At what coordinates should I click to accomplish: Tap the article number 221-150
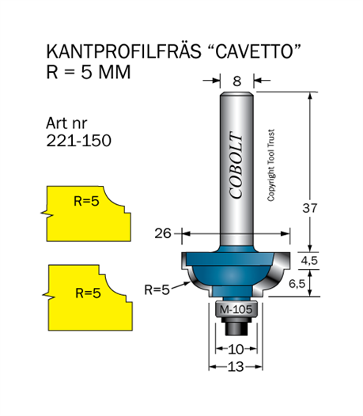coord(79,140)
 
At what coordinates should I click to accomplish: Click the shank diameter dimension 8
coord(237,81)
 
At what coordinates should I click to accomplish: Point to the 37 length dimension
coord(310,208)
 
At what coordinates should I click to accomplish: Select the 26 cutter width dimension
coord(163,233)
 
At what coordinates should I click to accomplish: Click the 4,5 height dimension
coord(309,260)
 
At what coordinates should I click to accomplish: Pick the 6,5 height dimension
coord(297,284)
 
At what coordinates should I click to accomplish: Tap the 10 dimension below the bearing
coord(236,349)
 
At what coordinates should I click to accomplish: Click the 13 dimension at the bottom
coord(236,367)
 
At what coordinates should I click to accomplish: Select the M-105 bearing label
coord(236,309)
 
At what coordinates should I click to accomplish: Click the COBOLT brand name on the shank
coord(236,165)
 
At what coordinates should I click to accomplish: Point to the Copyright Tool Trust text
coord(270,165)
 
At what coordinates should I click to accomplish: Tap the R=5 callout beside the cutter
coord(157,289)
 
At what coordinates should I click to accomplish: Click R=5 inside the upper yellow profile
coord(86,201)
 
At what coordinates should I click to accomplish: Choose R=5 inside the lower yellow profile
coord(88,293)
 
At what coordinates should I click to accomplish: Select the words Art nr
coord(66,123)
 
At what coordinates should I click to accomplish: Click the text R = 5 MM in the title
coord(89,72)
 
